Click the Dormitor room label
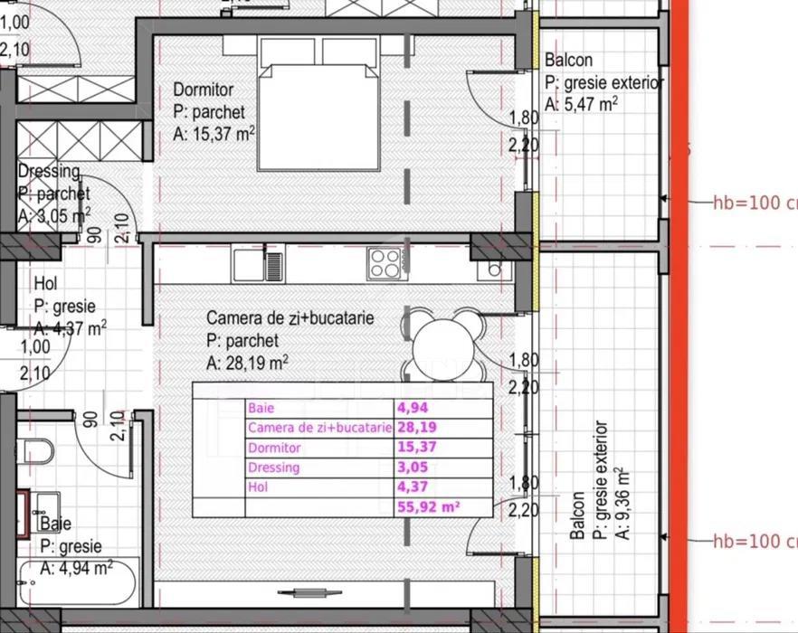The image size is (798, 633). (203, 90)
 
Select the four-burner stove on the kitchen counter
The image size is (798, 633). (385, 263)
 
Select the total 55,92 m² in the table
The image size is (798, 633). (429, 507)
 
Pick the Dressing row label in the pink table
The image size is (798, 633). (273, 468)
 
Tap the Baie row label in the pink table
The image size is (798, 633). (261, 409)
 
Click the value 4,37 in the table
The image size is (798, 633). (412, 487)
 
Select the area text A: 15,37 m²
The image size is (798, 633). (214, 134)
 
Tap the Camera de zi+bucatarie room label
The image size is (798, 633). (290, 318)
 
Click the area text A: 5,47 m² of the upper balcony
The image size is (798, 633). (581, 104)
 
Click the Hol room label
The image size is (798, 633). (45, 285)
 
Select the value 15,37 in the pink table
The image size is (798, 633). (416, 448)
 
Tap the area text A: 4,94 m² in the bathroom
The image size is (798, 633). (76, 568)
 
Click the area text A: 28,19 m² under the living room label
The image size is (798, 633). (247, 364)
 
